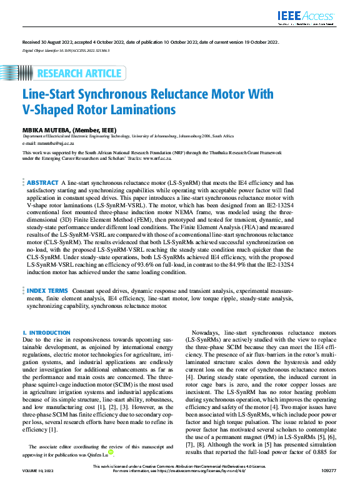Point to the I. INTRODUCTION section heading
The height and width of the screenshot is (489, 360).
(x=46, y=333)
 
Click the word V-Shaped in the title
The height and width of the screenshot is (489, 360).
(x=49, y=111)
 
